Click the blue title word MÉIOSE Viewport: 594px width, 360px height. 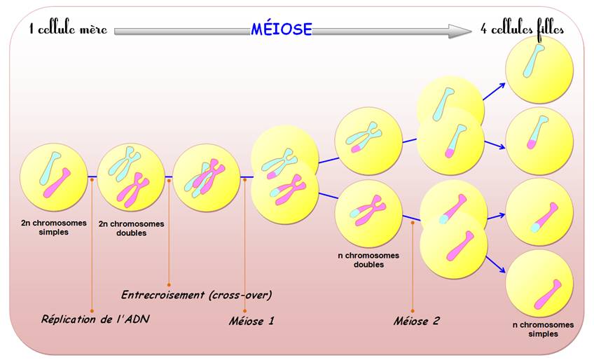point(282,29)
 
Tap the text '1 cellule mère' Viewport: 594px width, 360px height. point(68,29)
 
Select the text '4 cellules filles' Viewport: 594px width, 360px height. point(522,29)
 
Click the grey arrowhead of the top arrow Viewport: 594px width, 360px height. point(460,31)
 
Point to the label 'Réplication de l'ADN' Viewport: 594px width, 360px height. point(95,319)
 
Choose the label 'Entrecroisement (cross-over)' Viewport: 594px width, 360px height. point(196,295)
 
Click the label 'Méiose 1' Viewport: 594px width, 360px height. point(251,321)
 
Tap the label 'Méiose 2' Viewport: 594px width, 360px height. point(416,321)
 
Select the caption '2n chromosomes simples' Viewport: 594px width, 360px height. point(54,228)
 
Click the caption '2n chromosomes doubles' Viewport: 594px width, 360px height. point(132,228)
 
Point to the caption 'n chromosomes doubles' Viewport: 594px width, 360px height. point(368,260)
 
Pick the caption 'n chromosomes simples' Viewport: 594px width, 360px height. point(544,329)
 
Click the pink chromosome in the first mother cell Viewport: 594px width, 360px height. point(57,183)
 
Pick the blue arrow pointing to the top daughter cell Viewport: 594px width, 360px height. point(495,91)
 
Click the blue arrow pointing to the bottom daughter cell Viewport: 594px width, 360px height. point(495,265)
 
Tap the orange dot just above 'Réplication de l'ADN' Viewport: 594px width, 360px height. point(92,311)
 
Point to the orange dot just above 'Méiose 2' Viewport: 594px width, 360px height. point(413,311)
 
